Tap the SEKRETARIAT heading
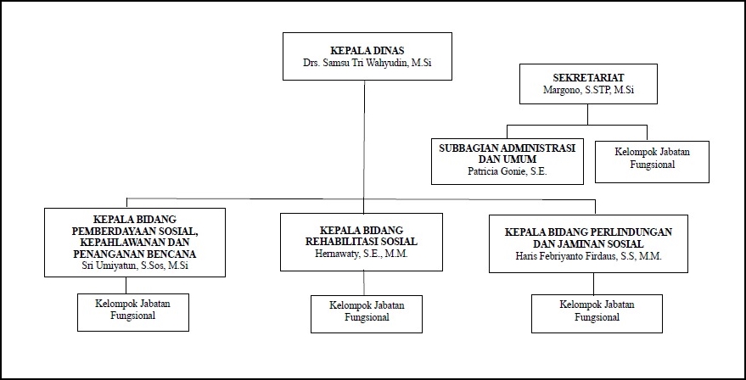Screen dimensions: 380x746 tap(578, 75)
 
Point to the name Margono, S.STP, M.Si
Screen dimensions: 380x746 tap(578, 88)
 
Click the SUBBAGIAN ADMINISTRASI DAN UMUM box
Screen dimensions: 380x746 tap(508, 160)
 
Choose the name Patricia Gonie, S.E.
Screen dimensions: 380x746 tap(508, 171)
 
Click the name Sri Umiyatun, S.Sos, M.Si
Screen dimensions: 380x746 tap(134, 266)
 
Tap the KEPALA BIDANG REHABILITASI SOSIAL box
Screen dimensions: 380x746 tap(362, 241)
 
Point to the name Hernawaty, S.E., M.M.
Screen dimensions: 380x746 tap(362, 253)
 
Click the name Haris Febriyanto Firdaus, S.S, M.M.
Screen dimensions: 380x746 tap(588, 255)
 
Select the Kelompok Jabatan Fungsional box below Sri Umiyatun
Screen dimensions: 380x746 tap(133, 311)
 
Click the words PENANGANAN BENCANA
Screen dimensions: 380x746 tap(134, 254)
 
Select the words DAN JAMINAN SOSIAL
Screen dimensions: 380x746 tap(588, 243)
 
